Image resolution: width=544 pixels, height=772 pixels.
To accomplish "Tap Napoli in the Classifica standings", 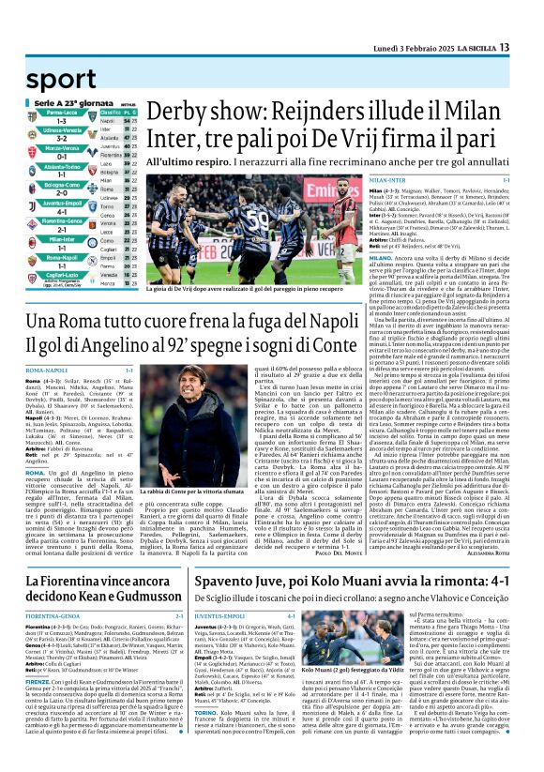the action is (108, 121).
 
